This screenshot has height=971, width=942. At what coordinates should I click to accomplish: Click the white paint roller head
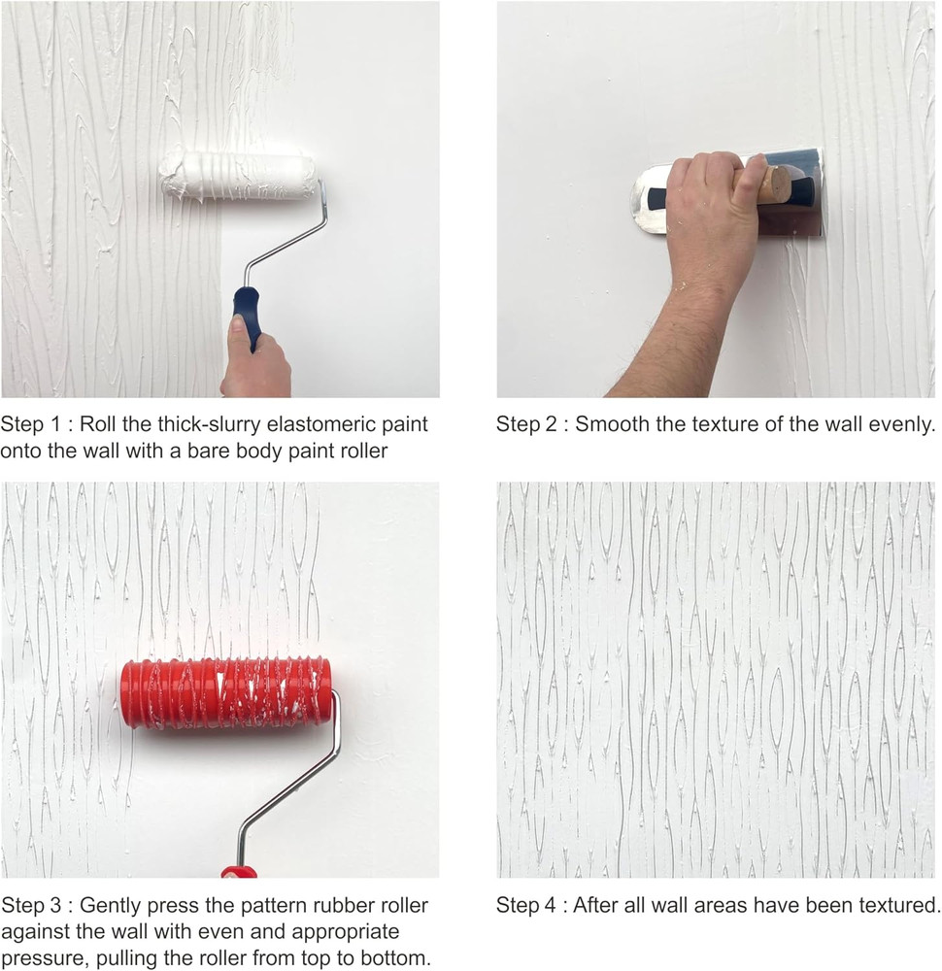(x=239, y=176)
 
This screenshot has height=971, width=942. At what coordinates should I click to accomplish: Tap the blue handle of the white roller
(x=247, y=317)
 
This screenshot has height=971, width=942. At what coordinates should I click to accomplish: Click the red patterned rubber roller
(x=225, y=693)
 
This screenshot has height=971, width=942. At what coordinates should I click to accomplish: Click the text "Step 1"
(x=29, y=424)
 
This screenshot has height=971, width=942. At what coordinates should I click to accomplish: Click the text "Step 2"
(x=524, y=424)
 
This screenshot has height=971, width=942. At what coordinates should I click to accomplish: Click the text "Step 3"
(x=29, y=906)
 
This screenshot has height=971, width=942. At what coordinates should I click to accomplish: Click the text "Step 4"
(x=524, y=906)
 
